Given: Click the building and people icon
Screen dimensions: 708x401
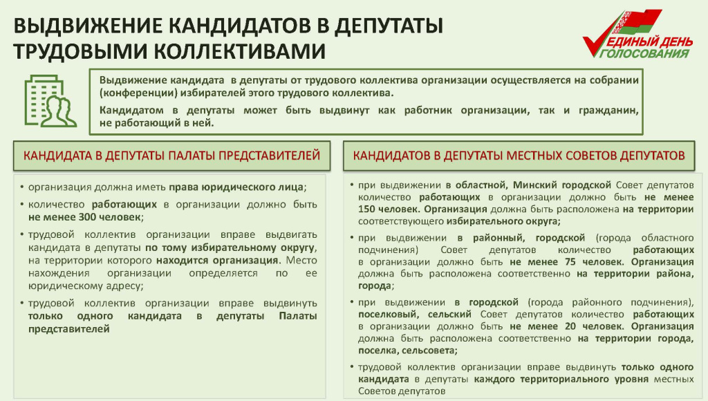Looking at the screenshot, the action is [x=50, y=101].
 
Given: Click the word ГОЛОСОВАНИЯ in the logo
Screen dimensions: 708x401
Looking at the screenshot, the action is [x=646, y=53].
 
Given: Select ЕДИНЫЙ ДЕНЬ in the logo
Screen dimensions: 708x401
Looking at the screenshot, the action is [x=650, y=42].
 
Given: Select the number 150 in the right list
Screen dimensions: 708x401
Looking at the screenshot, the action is [x=368, y=209].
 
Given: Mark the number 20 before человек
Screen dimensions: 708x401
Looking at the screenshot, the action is [x=570, y=326].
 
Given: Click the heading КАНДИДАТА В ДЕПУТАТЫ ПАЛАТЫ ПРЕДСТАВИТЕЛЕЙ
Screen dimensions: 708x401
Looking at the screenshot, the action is [x=171, y=156].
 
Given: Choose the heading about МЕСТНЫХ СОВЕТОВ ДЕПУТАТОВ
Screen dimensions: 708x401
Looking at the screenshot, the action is [x=519, y=156].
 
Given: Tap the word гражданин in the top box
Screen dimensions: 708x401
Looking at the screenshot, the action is [x=608, y=111].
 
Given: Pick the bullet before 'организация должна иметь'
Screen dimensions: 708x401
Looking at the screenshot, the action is [x=22, y=187].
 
